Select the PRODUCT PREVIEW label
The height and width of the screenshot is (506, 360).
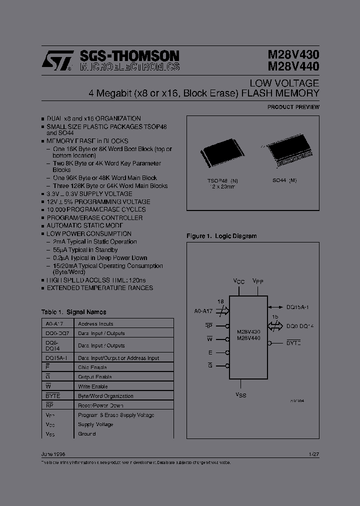[293, 107]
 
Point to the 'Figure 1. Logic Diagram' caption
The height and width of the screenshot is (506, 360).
[221, 236]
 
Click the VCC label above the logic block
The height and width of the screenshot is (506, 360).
[239, 282]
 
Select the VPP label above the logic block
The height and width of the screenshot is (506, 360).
[258, 282]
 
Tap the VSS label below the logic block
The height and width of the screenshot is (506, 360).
[240, 395]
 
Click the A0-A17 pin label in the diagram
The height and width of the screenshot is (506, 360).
[203, 311]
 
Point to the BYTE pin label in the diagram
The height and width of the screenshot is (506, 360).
[293, 343]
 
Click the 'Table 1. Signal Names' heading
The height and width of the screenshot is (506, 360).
[73, 312]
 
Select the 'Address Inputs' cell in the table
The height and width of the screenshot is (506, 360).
[95, 324]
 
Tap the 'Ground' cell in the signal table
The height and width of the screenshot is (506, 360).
[86, 434]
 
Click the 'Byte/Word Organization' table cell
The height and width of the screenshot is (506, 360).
[105, 396]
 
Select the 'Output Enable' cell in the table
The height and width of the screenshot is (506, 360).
[94, 377]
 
